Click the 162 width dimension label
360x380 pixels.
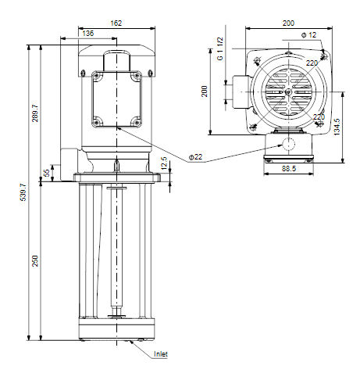(116, 23)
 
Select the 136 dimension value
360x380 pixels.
(87, 34)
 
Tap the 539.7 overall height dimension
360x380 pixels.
(23, 192)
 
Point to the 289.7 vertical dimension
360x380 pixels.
(35, 113)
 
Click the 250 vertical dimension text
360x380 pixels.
(35, 260)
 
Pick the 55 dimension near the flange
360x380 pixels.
(46, 173)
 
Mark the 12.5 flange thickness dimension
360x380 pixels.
(164, 163)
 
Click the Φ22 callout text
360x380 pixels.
(195, 157)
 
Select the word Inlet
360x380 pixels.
(161, 354)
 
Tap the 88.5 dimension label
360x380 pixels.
(289, 169)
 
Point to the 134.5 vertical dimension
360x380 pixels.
(337, 127)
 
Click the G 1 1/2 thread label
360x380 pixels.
(220, 48)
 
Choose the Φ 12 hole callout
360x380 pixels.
(308, 35)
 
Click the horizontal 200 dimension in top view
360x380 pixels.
(288, 23)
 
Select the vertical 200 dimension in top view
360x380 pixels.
(205, 91)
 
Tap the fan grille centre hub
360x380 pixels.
(288, 91)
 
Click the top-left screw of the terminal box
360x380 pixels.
(97, 75)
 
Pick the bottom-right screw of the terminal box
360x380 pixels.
(137, 122)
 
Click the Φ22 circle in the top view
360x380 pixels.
(288, 144)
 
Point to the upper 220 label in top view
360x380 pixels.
(312, 63)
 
